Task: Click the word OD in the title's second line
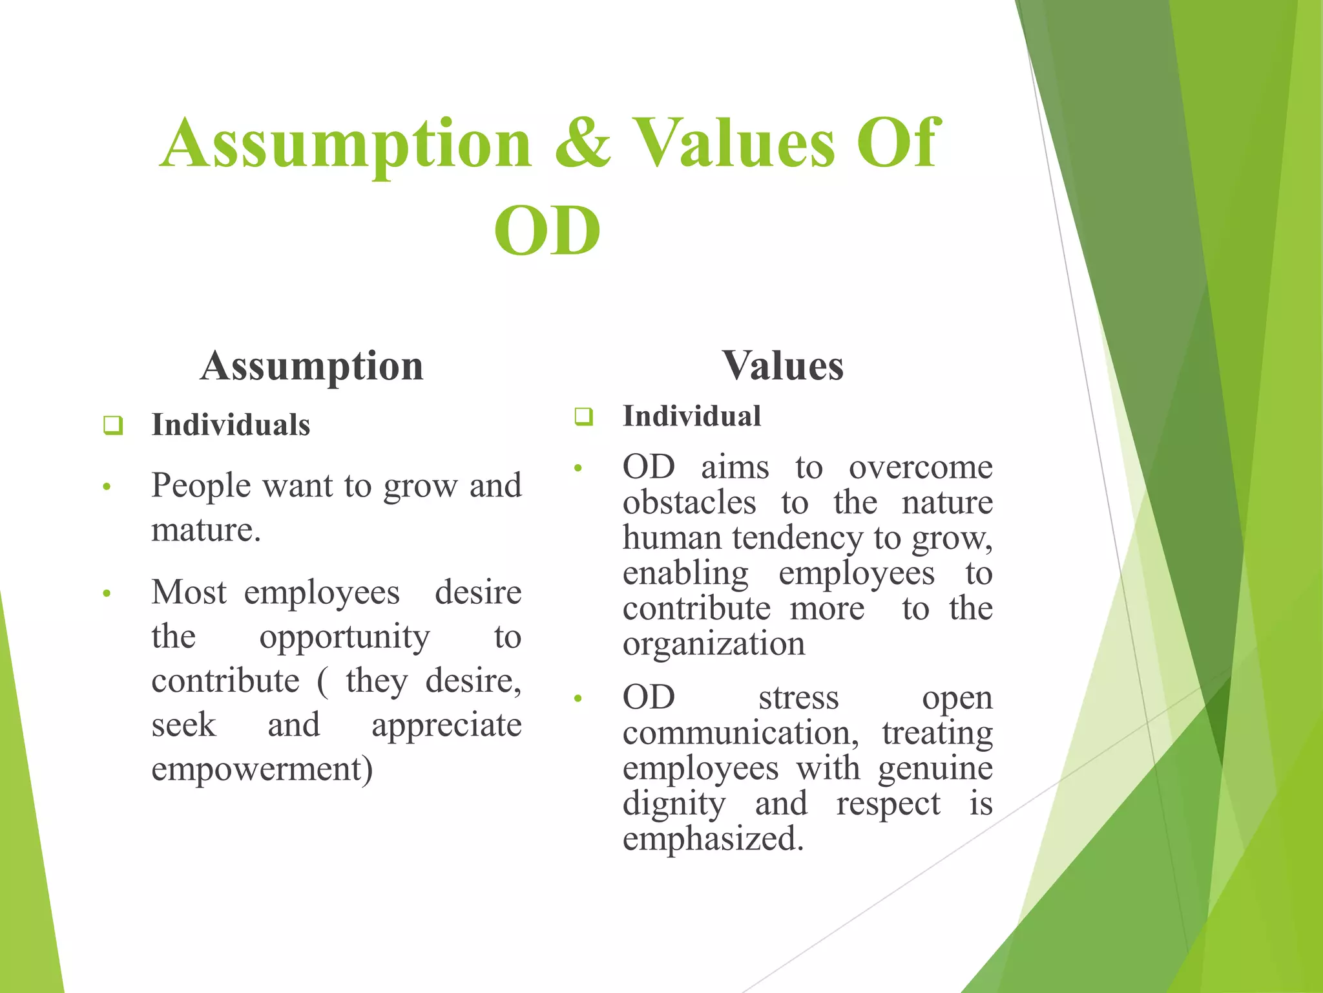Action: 547,231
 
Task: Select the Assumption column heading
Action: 311,366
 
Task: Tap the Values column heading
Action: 782,366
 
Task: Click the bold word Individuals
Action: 231,425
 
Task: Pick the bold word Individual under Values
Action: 691,416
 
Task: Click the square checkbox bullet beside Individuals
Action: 113,425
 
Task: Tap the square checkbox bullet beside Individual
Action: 583,416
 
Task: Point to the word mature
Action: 205,530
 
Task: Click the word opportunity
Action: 344,637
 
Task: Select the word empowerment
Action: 262,769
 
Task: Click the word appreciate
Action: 446,725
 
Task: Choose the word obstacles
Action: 689,503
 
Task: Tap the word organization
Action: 714,644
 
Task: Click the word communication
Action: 740,733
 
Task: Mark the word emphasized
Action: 713,839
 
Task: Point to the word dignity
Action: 674,804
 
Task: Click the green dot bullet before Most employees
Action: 107,593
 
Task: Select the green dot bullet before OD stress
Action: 578,699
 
